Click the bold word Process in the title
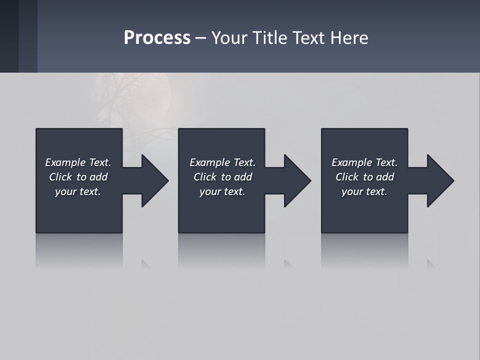click(x=157, y=38)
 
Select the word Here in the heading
click(x=349, y=38)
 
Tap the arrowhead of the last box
click(x=439, y=180)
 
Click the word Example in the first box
click(x=65, y=162)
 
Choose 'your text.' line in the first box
click(x=78, y=191)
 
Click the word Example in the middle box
click(x=209, y=162)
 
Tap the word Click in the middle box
click(x=205, y=177)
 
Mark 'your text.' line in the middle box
click(x=222, y=191)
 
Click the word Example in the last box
click(x=351, y=162)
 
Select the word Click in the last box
click(x=347, y=177)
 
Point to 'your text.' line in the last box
click(x=364, y=191)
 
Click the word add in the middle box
click(x=243, y=177)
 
